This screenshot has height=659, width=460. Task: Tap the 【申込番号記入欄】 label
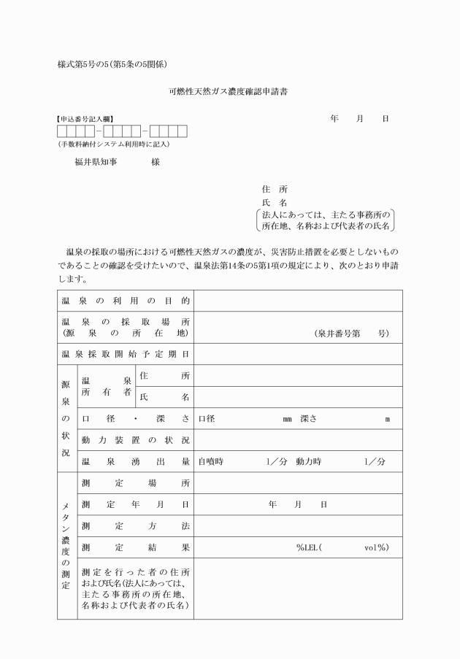click(x=85, y=118)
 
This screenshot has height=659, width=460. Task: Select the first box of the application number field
click(x=64, y=131)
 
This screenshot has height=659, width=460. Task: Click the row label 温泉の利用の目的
click(x=126, y=301)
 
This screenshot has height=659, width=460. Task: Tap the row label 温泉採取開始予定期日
click(x=126, y=354)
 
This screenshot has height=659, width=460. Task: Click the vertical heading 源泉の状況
click(x=66, y=418)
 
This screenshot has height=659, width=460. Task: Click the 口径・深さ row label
click(x=136, y=419)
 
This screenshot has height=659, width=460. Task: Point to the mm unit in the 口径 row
click(x=288, y=419)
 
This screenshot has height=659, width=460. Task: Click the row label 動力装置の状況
click(x=136, y=440)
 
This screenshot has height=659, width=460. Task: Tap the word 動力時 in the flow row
click(x=308, y=461)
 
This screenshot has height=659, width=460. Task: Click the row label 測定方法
click(x=136, y=525)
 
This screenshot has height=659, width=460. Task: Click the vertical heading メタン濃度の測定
click(x=66, y=546)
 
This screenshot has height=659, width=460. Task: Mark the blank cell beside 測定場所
click(x=298, y=483)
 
